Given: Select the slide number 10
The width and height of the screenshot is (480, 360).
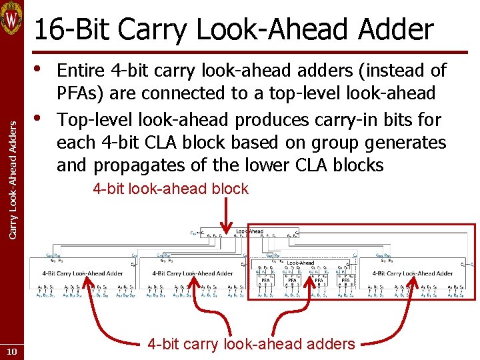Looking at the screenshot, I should click(13, 352).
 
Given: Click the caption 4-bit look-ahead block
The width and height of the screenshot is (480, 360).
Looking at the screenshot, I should click(171, 189).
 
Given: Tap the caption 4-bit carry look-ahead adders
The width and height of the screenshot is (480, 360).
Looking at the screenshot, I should click(251, 344).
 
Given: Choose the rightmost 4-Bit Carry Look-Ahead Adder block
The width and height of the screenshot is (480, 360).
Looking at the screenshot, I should click(413, 273).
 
